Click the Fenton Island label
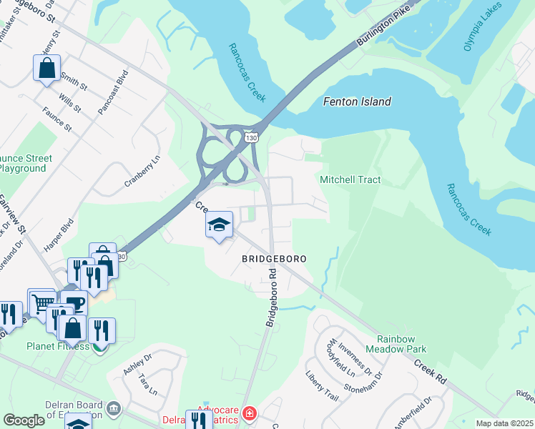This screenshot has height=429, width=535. [x=357, y=102]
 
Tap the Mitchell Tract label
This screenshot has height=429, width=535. [x=350, y=180]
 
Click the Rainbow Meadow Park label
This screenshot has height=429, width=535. [x=396, y=344]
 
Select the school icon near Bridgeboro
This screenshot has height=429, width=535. [x=219, y=225]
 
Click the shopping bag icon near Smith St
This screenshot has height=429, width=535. [x=46, y=69]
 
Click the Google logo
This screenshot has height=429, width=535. [x=24, y=420]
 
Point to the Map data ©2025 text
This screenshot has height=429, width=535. [x=504, y=423]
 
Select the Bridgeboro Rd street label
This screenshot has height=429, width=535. [x=272, y=298]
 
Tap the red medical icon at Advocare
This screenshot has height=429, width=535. [x=248, y=414]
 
